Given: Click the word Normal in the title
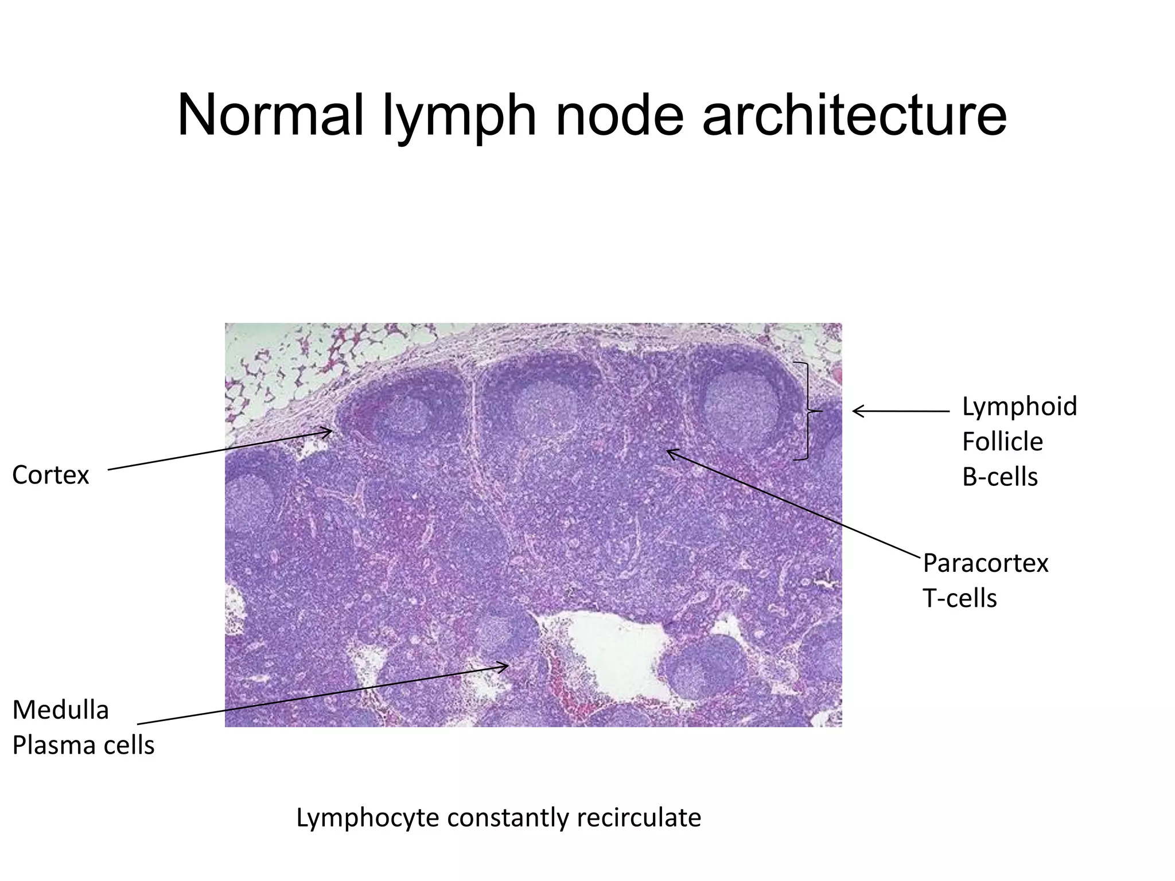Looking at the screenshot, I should tap(270, 116).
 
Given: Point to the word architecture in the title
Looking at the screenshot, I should tap(854, 116).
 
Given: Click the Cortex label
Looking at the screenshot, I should tap(50, 475).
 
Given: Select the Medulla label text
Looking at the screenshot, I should tap(60, 710).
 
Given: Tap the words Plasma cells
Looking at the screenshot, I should tap(83, 746).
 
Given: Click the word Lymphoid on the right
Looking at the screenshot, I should tap(1019, 407).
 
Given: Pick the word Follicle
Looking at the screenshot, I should tap(1002, 442).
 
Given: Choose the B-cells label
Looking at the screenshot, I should tap(999, 477).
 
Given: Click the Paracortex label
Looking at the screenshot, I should tap(985, 563).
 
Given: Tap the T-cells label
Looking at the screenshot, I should tap(959, 599).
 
